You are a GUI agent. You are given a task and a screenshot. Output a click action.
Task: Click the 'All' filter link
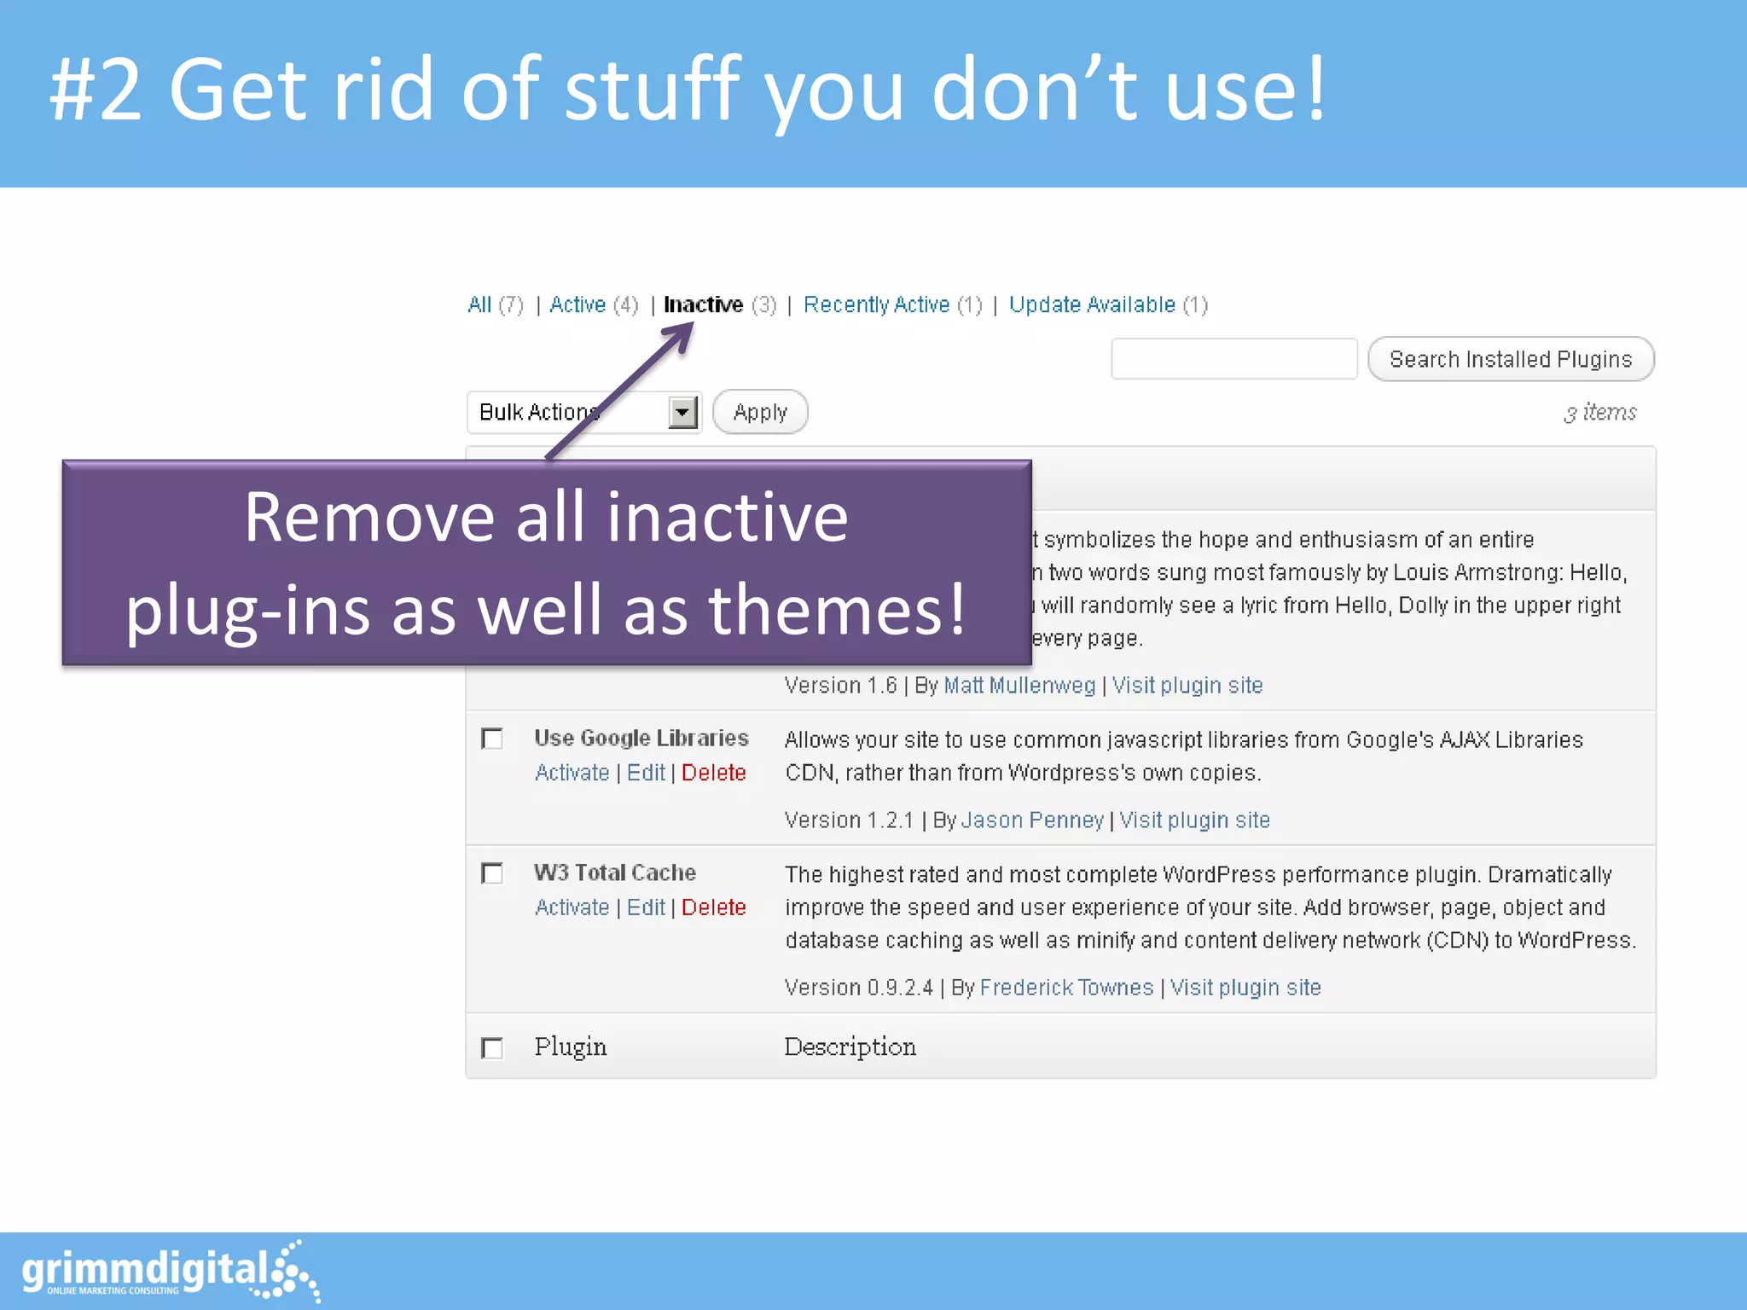[479, 305]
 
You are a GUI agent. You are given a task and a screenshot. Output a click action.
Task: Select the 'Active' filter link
[577, 305]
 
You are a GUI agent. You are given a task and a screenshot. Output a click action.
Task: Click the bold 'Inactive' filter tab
[703, 305]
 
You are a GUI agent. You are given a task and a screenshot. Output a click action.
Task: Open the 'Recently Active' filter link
[876, 305]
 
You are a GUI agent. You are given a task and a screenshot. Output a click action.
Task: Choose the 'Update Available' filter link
[1092, 305]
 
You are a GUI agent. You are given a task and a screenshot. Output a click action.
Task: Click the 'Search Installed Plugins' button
[1510, 359]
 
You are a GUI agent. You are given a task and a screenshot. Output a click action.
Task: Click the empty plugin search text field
[1233, 359]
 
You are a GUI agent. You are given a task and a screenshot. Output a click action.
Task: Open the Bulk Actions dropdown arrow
[682, 413]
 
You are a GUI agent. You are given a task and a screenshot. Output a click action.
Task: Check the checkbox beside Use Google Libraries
[492, 739]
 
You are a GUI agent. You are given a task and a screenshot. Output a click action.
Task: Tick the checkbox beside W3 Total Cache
[492, 873]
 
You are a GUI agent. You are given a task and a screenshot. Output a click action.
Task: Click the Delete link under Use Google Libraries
[713, 773]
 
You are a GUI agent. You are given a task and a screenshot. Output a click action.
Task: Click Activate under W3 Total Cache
[572, 907]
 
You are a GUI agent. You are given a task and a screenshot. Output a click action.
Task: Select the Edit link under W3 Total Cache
[646, 907]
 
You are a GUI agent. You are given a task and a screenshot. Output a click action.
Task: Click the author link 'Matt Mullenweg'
[1019, 686]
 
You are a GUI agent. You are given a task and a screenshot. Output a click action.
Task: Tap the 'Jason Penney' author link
[1032, 820]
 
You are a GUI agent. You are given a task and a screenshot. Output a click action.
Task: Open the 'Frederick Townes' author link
[1066, 988]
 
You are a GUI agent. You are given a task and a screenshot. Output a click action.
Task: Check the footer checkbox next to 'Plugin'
[492, 1047]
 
